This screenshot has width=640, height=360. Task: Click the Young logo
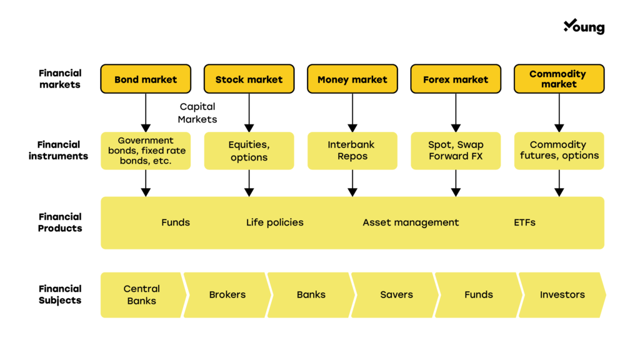coord(584,26)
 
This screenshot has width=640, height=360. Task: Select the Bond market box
coord(146,79)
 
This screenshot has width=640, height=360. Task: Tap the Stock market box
coord(249,79)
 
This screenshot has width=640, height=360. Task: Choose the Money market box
coord(352,79)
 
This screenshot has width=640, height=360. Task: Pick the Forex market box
coord(456,79)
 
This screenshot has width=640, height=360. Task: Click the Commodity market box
coord(559,79)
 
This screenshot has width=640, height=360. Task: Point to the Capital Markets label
coord(197,112)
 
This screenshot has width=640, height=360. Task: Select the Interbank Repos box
coord(352,151)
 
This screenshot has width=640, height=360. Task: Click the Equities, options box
coord(249,151)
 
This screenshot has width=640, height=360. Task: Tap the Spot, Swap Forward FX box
coord(456,151)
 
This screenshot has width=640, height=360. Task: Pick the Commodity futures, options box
coord(559,151)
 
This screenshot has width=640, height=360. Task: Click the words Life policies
coord(275,222)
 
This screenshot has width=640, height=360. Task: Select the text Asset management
coord(411,222)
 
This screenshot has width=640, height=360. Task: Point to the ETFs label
coord(524,222)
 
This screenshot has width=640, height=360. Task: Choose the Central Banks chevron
coord(143,295)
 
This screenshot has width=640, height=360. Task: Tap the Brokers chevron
coord(227,295)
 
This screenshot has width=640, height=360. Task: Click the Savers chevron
coord(395,295)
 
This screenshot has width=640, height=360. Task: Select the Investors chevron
coord(562,295)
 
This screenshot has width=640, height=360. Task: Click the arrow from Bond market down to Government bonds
coord(146,112)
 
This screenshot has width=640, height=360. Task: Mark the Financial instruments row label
coord(58,150)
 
